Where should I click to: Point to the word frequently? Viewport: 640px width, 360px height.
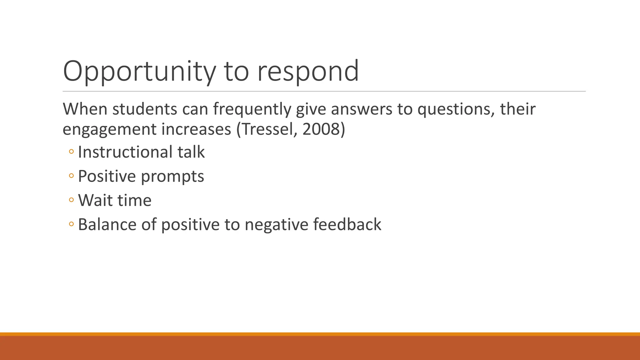tap(252, 109)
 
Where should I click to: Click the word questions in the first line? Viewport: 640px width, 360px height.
tap(456, 109)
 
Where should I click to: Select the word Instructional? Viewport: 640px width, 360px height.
tap(125, 152)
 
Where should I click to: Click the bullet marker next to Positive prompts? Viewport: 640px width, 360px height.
tap(71, 176)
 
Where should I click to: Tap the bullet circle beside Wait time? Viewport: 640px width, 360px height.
tap(71, 200)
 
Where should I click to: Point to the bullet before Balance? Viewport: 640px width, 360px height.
tap(71, 224)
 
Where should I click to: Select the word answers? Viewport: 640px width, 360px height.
tap(361, 109)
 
